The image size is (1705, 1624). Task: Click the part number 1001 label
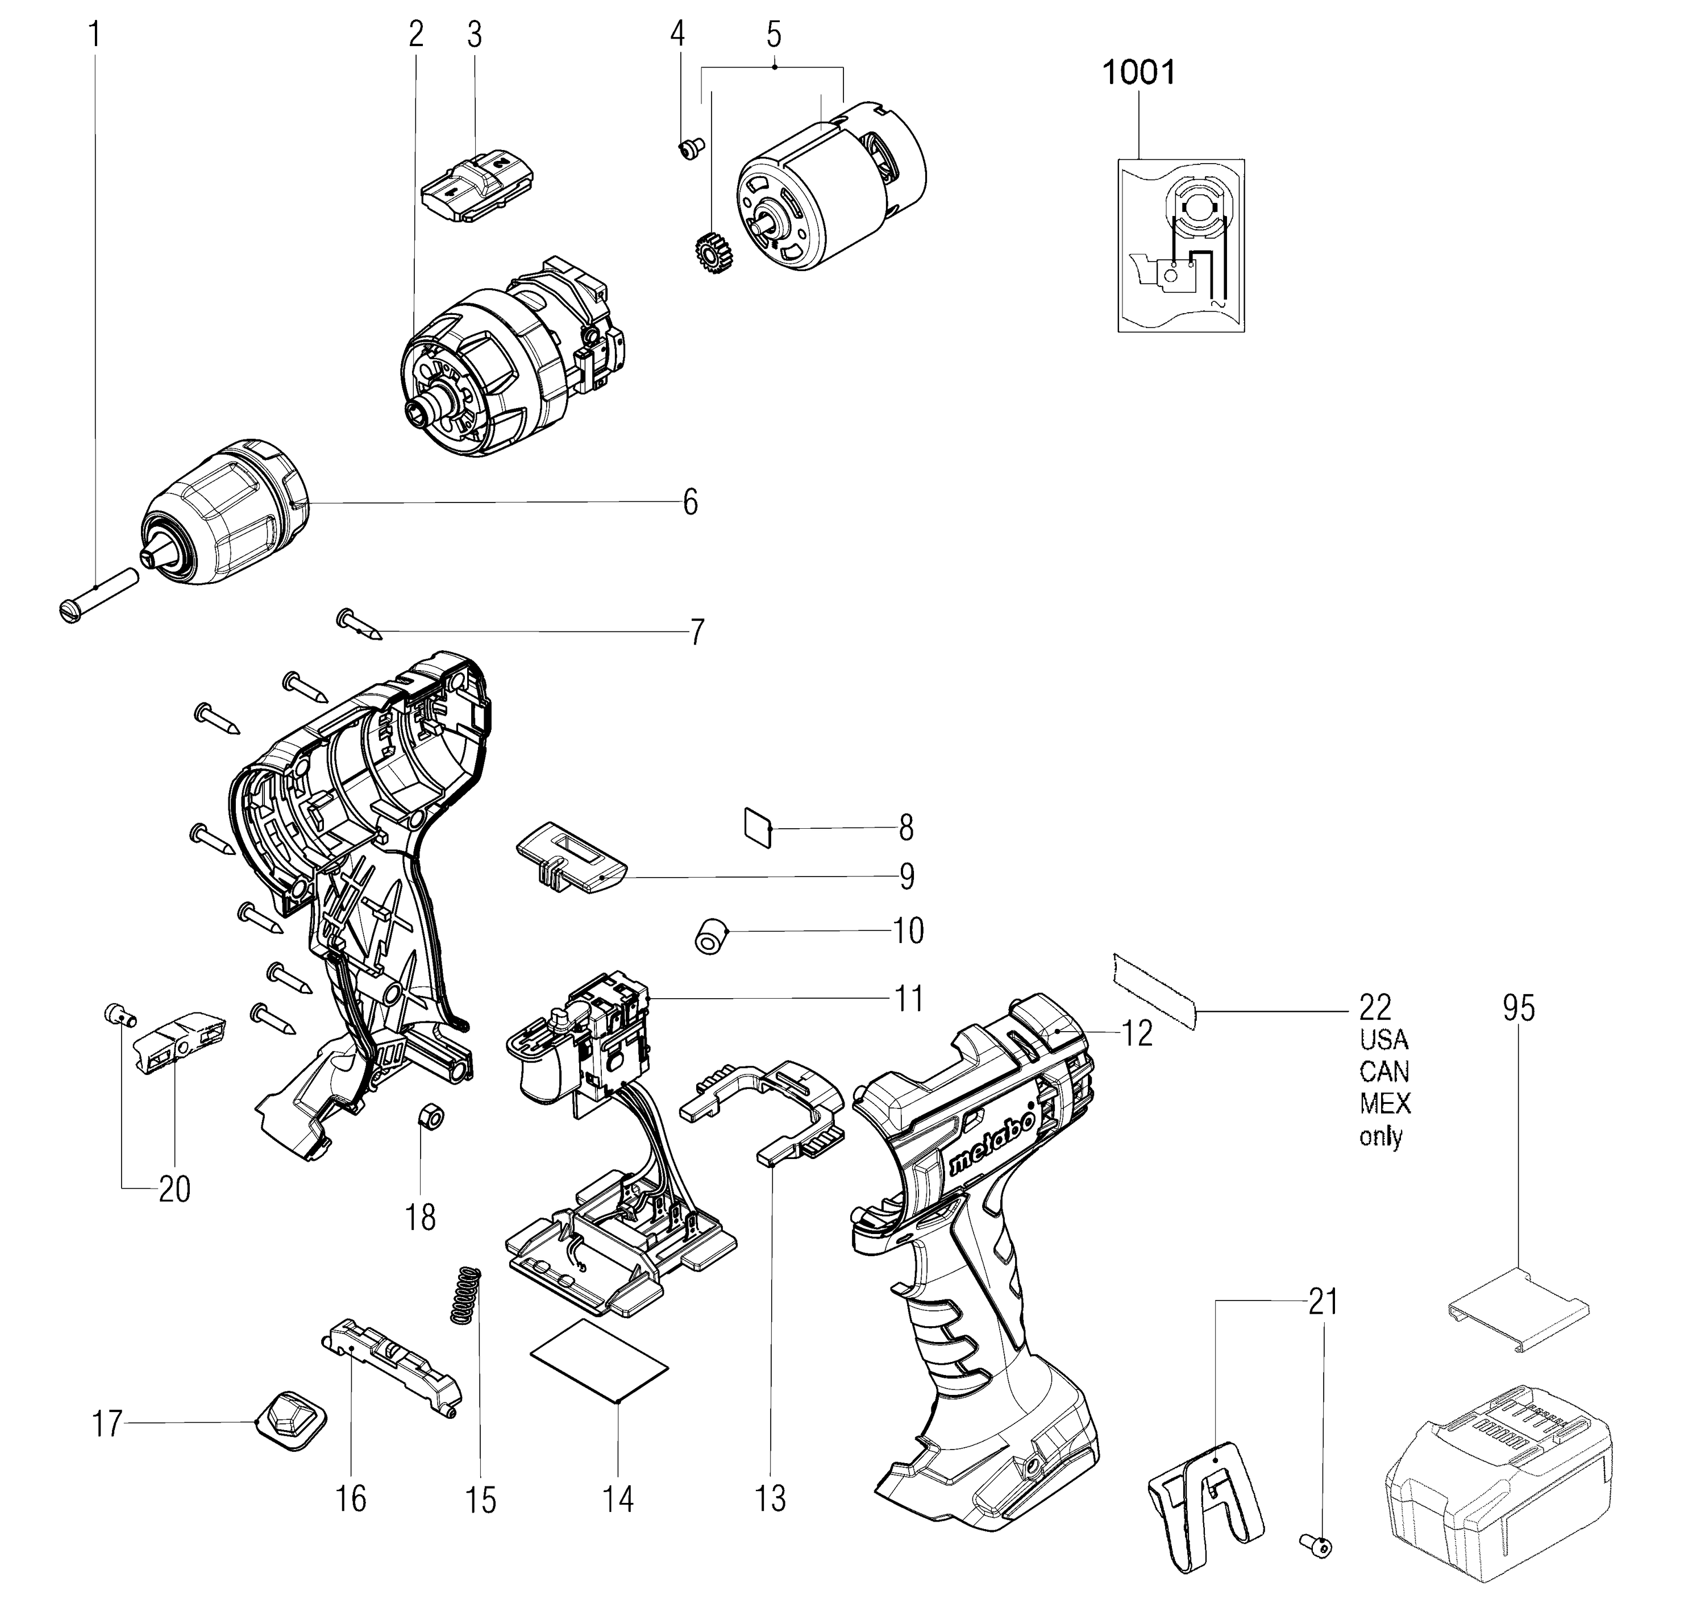click(1138, 73)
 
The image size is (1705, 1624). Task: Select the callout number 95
click(1518, 1008)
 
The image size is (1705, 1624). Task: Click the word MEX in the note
click(1385, 1104)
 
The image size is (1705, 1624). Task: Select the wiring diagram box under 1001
click(1180, 245)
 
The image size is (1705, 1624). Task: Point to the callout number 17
click(107, 1424)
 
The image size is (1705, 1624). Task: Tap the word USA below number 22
click(1383, 1039)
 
